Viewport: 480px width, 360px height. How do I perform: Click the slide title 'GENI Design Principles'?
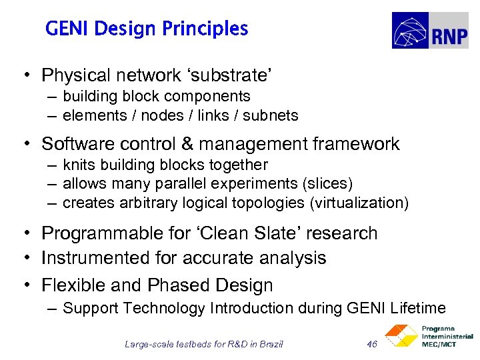tap(147, 29)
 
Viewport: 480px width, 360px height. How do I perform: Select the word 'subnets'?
tap(271, 115)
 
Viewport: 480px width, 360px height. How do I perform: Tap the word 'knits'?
tap(77, 165)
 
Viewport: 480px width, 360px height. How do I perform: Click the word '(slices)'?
tap(327, 183)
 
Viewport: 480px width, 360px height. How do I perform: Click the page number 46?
tap(373, 344)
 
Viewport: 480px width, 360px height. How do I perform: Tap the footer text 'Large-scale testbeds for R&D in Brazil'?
tap(204, 344)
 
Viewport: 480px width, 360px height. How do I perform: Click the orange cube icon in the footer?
tap(401, 337)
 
